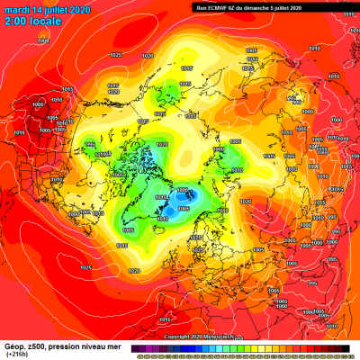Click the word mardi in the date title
[x=15, y=7]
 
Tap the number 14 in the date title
[x=37, y=7]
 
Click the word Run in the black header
[x=200, y=6]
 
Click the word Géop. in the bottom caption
[x=14, y=345]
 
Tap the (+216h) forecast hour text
[x=16, y=354]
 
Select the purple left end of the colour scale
[x=133, y=348]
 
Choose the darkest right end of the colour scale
[x=350, y=348]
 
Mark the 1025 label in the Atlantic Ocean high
[x=85, y=267]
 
